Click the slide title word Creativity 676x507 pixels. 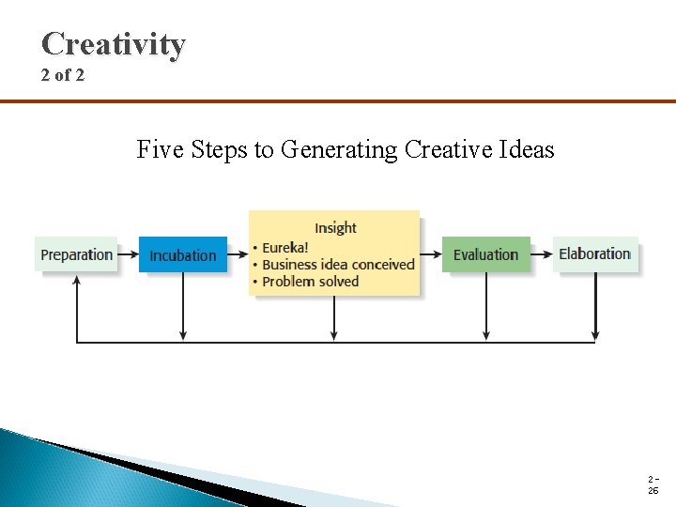point(114,44)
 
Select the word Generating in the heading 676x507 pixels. point(340,150)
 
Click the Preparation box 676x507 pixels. point(77,254)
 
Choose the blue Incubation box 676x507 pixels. point(183,255)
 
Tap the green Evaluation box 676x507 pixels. point(485,254)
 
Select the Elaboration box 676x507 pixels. point(594,253)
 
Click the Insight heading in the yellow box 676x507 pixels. point(335,227)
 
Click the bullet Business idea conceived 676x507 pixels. point(337,265)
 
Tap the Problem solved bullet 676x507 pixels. point(310,282)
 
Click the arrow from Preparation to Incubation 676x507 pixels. point(129,254)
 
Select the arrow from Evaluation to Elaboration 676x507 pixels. point(542,253)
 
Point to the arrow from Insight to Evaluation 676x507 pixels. point(431,253)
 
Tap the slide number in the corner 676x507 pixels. point(653,485)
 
